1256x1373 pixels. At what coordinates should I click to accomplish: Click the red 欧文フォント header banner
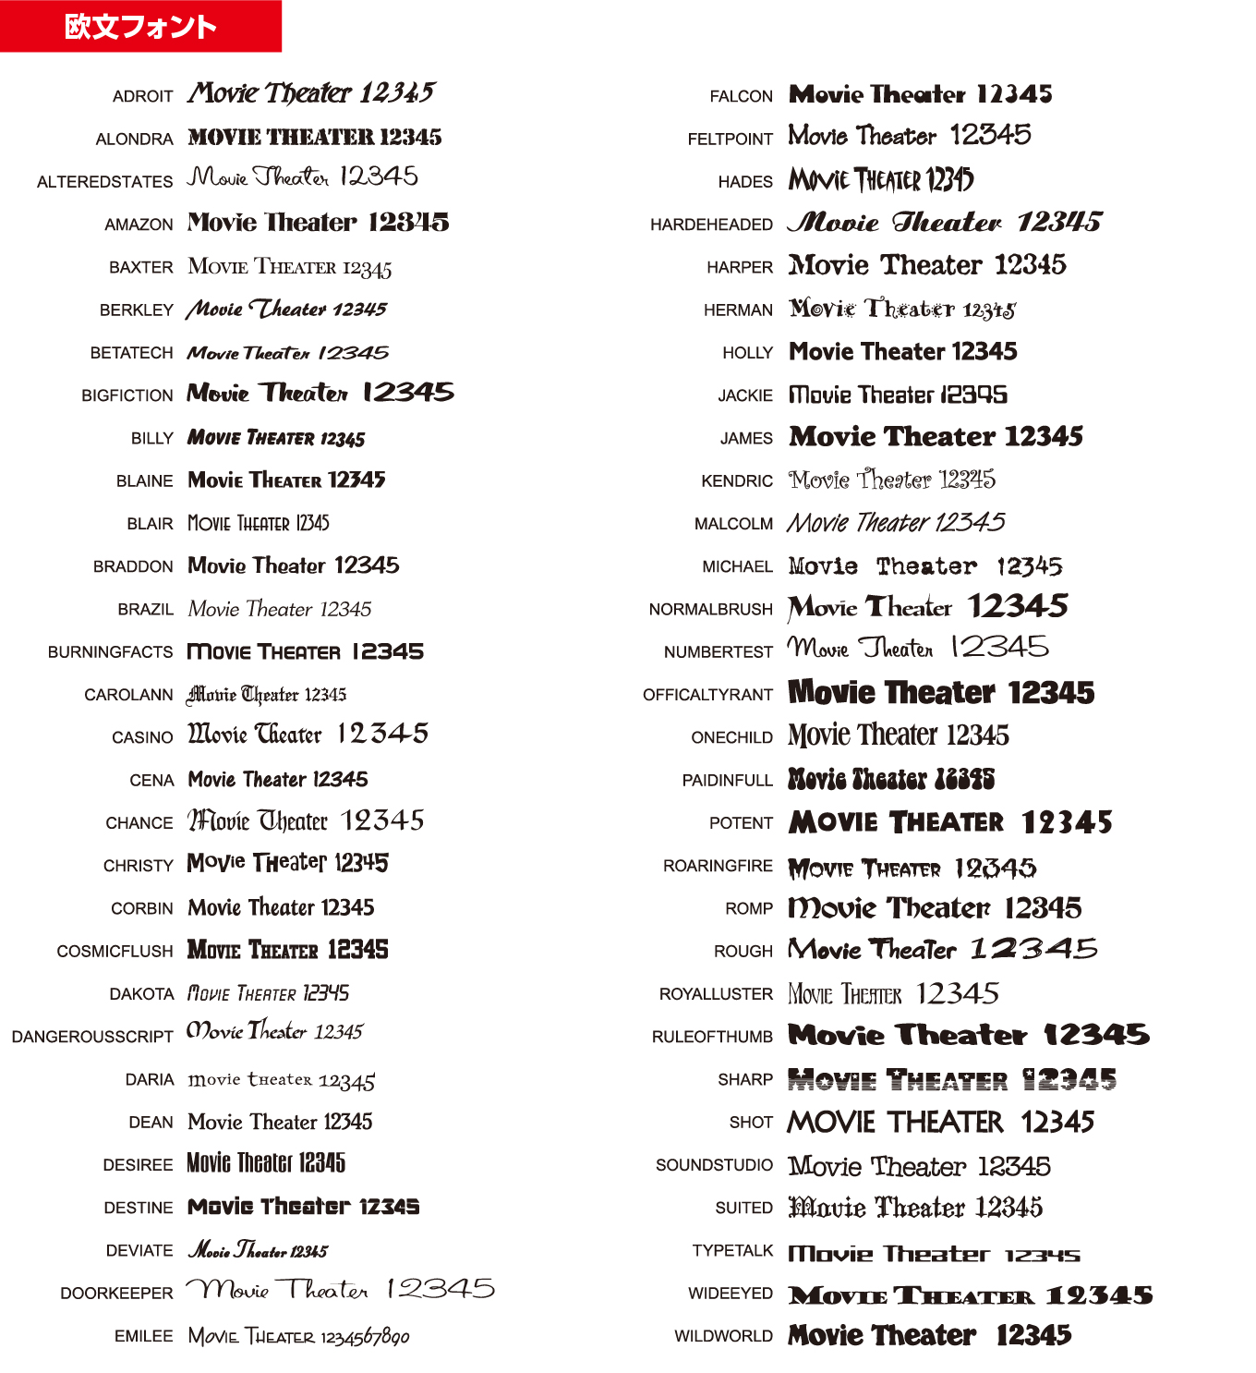point(140,26)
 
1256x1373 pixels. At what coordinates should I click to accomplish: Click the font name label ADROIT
point(142,96)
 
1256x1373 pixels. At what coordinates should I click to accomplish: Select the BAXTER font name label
point(140,267)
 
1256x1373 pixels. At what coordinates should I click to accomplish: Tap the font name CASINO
point(142,737)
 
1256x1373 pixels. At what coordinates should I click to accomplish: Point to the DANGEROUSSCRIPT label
point(92,1037)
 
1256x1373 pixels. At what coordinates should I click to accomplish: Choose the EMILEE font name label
point(143,1336)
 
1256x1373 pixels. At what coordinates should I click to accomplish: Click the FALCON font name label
point(741,96)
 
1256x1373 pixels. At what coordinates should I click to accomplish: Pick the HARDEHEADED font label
point(711,225)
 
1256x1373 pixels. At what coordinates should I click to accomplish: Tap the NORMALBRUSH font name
point(710,609)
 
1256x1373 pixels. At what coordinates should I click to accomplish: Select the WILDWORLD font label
point(723,1336)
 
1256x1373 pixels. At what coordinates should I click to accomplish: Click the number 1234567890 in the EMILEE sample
point(366,1337)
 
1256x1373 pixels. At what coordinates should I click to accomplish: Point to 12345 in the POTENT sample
point(1067,821)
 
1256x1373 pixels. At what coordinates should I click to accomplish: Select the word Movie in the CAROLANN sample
point(211,694)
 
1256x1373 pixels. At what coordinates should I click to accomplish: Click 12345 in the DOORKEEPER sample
point(441,1289)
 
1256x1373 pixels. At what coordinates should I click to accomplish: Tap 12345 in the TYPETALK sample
point(1043,1255)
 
